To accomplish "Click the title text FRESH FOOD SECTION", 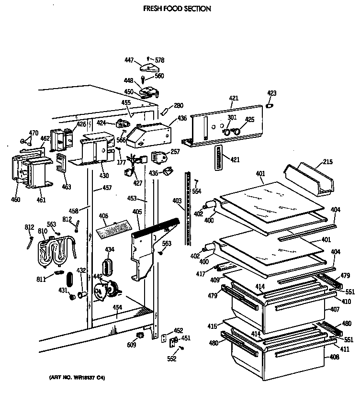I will point(177,9).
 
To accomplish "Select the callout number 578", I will point(159,60).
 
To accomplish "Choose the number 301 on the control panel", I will point(232,118).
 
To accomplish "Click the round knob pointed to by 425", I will point(237,130).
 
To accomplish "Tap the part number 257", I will point(175,151).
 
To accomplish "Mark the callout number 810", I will point(42,231).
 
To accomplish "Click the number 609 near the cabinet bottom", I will point(132,344).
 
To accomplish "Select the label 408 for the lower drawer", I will point(335,357).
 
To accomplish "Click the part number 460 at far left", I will point(16,199).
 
